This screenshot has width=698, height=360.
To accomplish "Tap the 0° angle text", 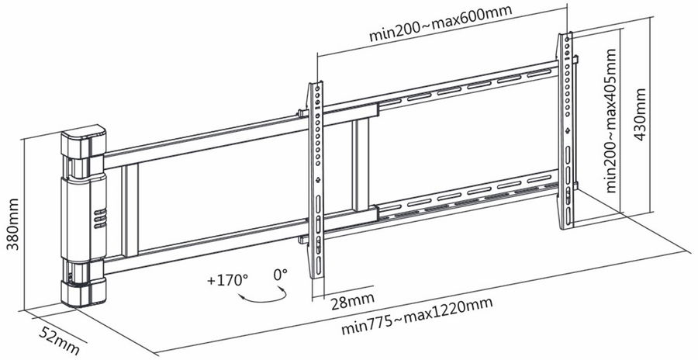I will [x=280, y=274].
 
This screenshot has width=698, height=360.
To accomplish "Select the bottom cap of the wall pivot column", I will [x=81, y=292].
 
